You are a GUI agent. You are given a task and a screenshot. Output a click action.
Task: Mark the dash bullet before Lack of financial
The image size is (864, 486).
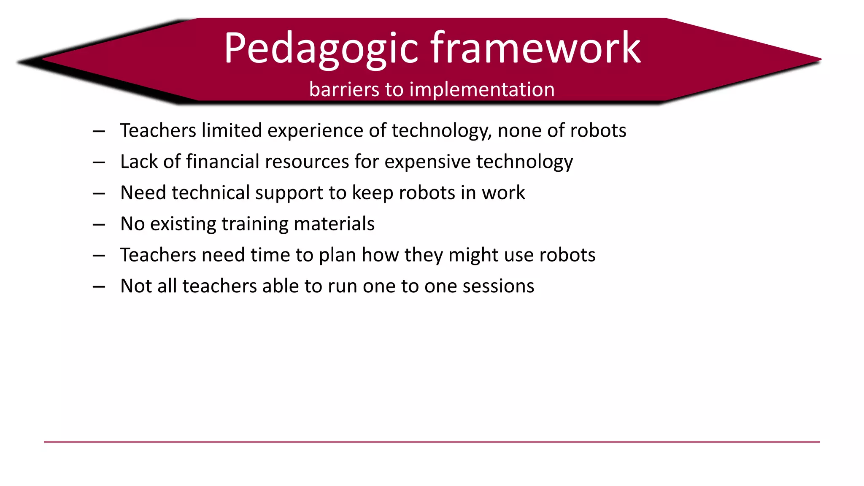pos(99,162)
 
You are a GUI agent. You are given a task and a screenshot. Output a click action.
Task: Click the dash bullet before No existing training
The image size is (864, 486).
pos(99,224)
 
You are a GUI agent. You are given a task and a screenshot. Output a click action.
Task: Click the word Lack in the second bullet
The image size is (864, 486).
pos(139,162)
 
